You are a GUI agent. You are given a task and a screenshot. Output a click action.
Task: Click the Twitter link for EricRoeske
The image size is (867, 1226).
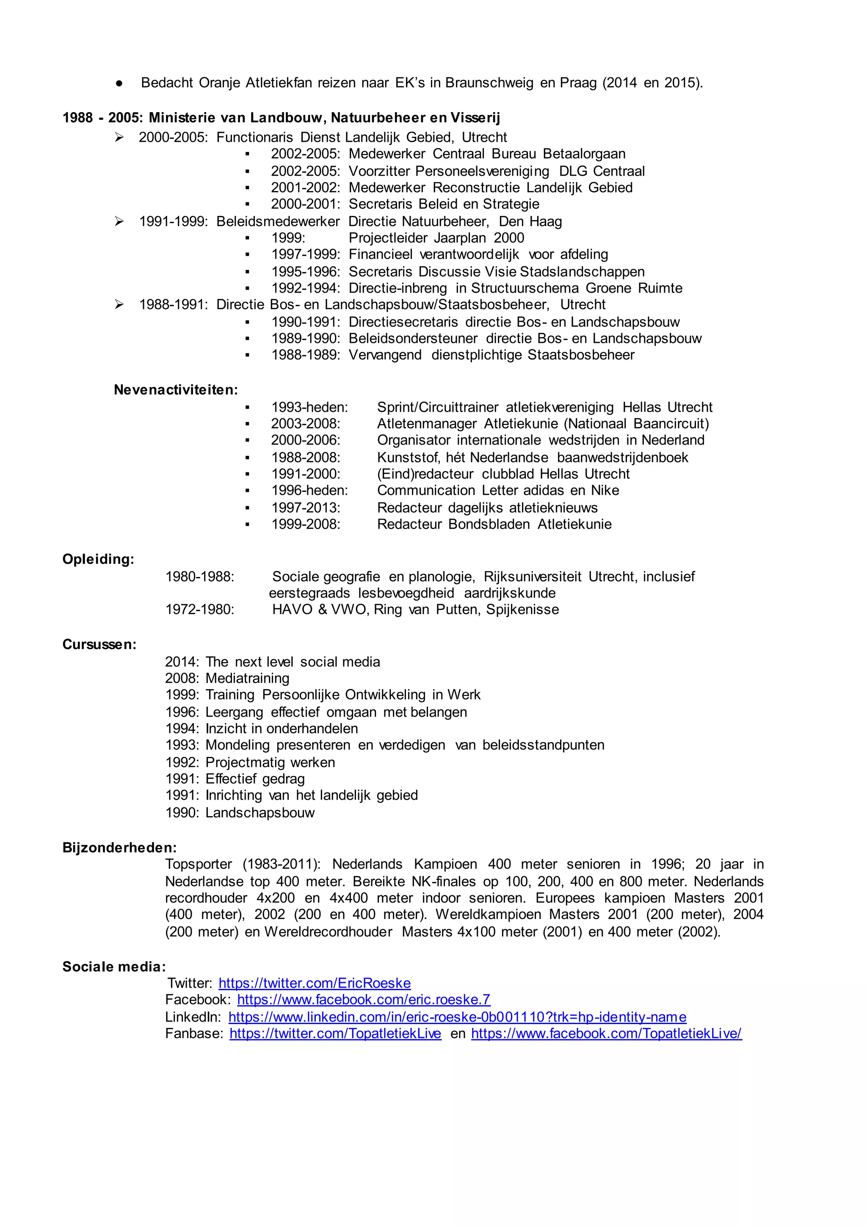315,983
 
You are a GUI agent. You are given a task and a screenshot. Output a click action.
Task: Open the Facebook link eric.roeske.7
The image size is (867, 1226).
364,1000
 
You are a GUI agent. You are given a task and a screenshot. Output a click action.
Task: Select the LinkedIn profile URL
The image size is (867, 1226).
457,1017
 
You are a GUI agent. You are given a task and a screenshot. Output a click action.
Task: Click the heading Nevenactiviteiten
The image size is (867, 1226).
176,390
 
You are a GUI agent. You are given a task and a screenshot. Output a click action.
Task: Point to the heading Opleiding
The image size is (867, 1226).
98,559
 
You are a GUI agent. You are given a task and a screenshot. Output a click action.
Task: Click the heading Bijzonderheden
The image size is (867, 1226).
119,848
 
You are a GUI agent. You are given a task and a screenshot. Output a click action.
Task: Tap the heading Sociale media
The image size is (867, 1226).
114,966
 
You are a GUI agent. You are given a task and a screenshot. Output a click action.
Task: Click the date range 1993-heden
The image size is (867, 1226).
309,407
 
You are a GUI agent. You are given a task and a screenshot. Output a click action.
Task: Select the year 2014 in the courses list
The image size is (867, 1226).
182,662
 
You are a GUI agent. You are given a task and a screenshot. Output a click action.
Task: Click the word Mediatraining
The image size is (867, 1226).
247,679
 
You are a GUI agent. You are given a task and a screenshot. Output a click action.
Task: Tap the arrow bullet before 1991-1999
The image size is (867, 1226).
119,221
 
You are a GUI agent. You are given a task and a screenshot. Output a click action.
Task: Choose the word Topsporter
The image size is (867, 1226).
199,864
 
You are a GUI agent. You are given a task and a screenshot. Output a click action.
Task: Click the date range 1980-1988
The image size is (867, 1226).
200,577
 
